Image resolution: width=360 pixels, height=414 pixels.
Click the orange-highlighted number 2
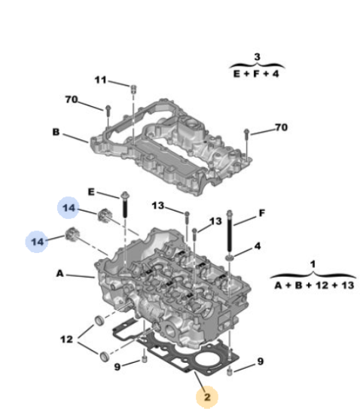click(207, 397)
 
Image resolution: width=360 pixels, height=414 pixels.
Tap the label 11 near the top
click(100, 80)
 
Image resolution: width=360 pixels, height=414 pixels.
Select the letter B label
click(56, 132)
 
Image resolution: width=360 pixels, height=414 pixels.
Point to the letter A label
click(60, 273)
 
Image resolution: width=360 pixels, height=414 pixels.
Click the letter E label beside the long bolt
click(91, 192)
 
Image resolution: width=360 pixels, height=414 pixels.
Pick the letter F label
click(261, 213)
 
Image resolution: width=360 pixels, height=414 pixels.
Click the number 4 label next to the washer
click(258, 246)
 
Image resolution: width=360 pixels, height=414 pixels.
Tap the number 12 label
click(66, 339)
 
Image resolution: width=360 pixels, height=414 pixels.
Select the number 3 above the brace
click(257, 56)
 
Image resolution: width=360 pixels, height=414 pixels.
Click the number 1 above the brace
click(313, 264)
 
